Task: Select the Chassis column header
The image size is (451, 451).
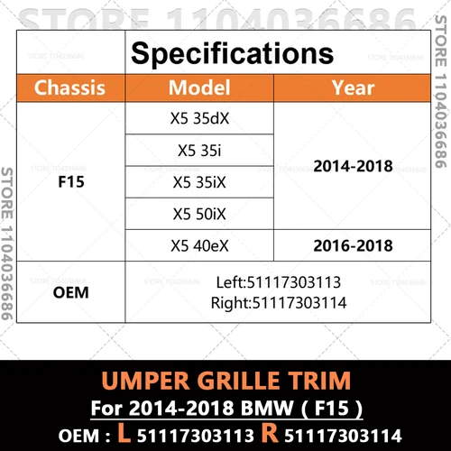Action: [x=69, y=88]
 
